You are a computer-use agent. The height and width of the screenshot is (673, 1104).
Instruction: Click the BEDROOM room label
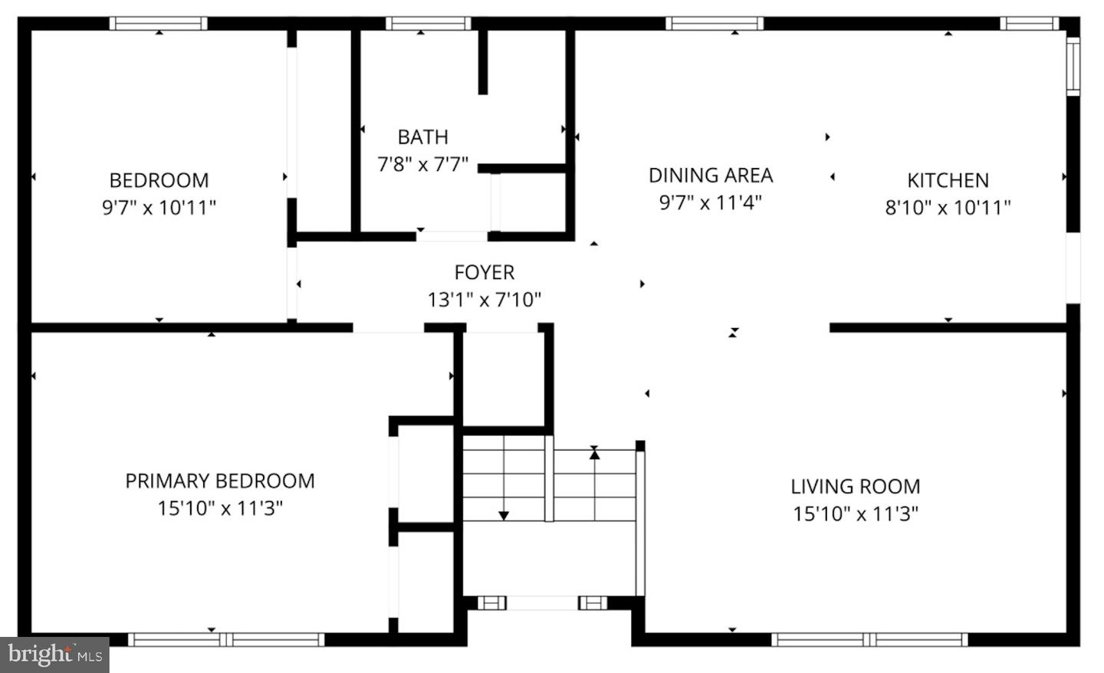[x=159, y=180]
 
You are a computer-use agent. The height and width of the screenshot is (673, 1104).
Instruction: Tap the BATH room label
[x=422, y=137]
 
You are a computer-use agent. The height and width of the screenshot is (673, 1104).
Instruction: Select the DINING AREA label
[x=710, y=176]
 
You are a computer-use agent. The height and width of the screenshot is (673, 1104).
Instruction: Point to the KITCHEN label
[x=948, y=180]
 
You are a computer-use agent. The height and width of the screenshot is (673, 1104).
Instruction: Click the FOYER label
[x=484, y=272]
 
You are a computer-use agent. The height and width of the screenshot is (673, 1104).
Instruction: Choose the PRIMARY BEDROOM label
[x=220, y=481]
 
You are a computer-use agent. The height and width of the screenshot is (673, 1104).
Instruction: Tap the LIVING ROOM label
[x=855, y=486]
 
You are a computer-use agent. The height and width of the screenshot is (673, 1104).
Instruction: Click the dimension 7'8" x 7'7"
[x=422, y=164]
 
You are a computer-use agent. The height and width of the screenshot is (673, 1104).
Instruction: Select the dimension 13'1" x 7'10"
[x=484, y=299]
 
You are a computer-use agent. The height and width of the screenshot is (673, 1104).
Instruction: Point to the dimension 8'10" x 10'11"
[x=948, y=207]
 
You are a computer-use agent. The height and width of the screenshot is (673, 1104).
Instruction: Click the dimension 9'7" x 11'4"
[x=710, y=202]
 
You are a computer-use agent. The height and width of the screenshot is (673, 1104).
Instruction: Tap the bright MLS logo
[x=54, y=655]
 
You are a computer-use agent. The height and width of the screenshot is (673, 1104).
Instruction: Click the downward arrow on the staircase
[x=504, y=514]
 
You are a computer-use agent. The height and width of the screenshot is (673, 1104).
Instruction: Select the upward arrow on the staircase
[x=594, y=453]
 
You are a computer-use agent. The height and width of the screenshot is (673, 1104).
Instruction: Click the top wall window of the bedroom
[x=159, y=23]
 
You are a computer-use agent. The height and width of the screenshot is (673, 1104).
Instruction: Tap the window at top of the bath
[x=428, y=23]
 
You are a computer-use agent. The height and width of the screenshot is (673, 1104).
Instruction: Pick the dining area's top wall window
[x=715, y=23]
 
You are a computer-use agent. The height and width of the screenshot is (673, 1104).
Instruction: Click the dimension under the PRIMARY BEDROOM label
[x=220, y=507]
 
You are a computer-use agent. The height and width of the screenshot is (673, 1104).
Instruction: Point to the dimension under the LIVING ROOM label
[x=855, y=513]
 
